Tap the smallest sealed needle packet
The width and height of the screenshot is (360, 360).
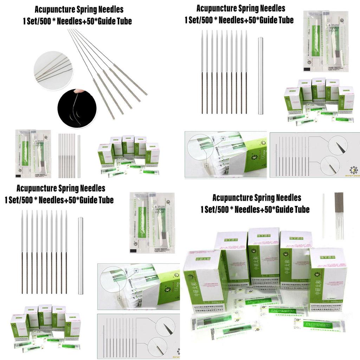tap(33, 153)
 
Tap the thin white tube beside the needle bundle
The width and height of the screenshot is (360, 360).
tap(323, 215)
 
